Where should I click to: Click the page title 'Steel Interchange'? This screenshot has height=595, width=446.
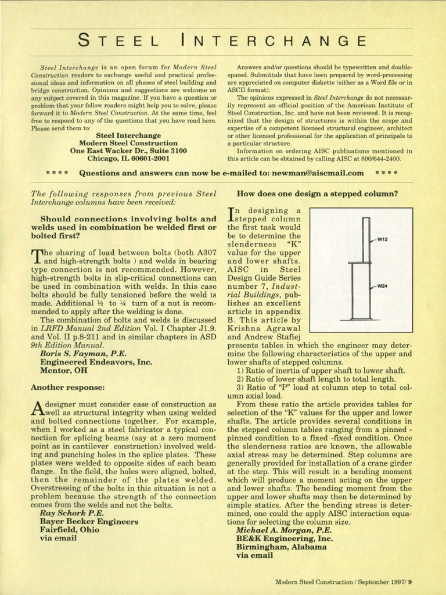[222, 41]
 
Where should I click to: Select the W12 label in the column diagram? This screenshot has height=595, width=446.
[383, 239]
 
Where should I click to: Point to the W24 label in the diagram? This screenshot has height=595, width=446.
[383, 286]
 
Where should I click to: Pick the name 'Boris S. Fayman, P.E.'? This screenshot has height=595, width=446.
[83, 353]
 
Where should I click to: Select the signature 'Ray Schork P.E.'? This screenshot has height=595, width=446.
[73, 513]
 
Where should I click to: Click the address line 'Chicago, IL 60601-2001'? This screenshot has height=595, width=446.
[128, 157]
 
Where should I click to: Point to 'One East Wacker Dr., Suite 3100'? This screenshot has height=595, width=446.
[128, 150]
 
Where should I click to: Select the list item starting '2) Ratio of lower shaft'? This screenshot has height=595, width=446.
[321, 379]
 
